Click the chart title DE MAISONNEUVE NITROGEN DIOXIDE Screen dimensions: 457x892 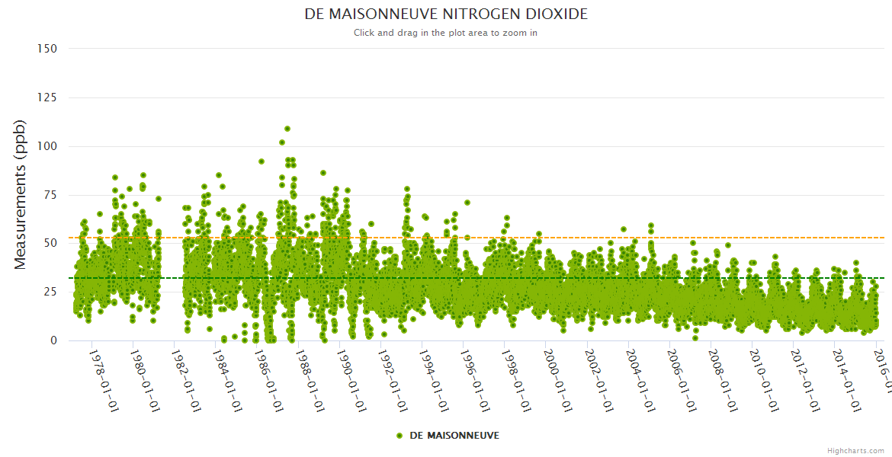point(446,14)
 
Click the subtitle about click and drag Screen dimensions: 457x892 point(446,33)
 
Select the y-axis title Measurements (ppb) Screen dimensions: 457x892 point(21,194)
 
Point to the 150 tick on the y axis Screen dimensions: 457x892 point(47,49)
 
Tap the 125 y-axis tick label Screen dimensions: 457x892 point(47,97)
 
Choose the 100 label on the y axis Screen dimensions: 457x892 point(47,146)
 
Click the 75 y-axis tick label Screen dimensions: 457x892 point(50,195)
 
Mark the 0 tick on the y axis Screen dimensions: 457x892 point(53,340)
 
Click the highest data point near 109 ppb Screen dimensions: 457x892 point(287,129)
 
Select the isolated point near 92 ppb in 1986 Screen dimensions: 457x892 point(262,161)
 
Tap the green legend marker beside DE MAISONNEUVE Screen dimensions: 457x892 point(399,435)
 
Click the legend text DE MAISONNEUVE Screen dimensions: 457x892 point(454,435)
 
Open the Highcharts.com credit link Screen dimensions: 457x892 point(855,450)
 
